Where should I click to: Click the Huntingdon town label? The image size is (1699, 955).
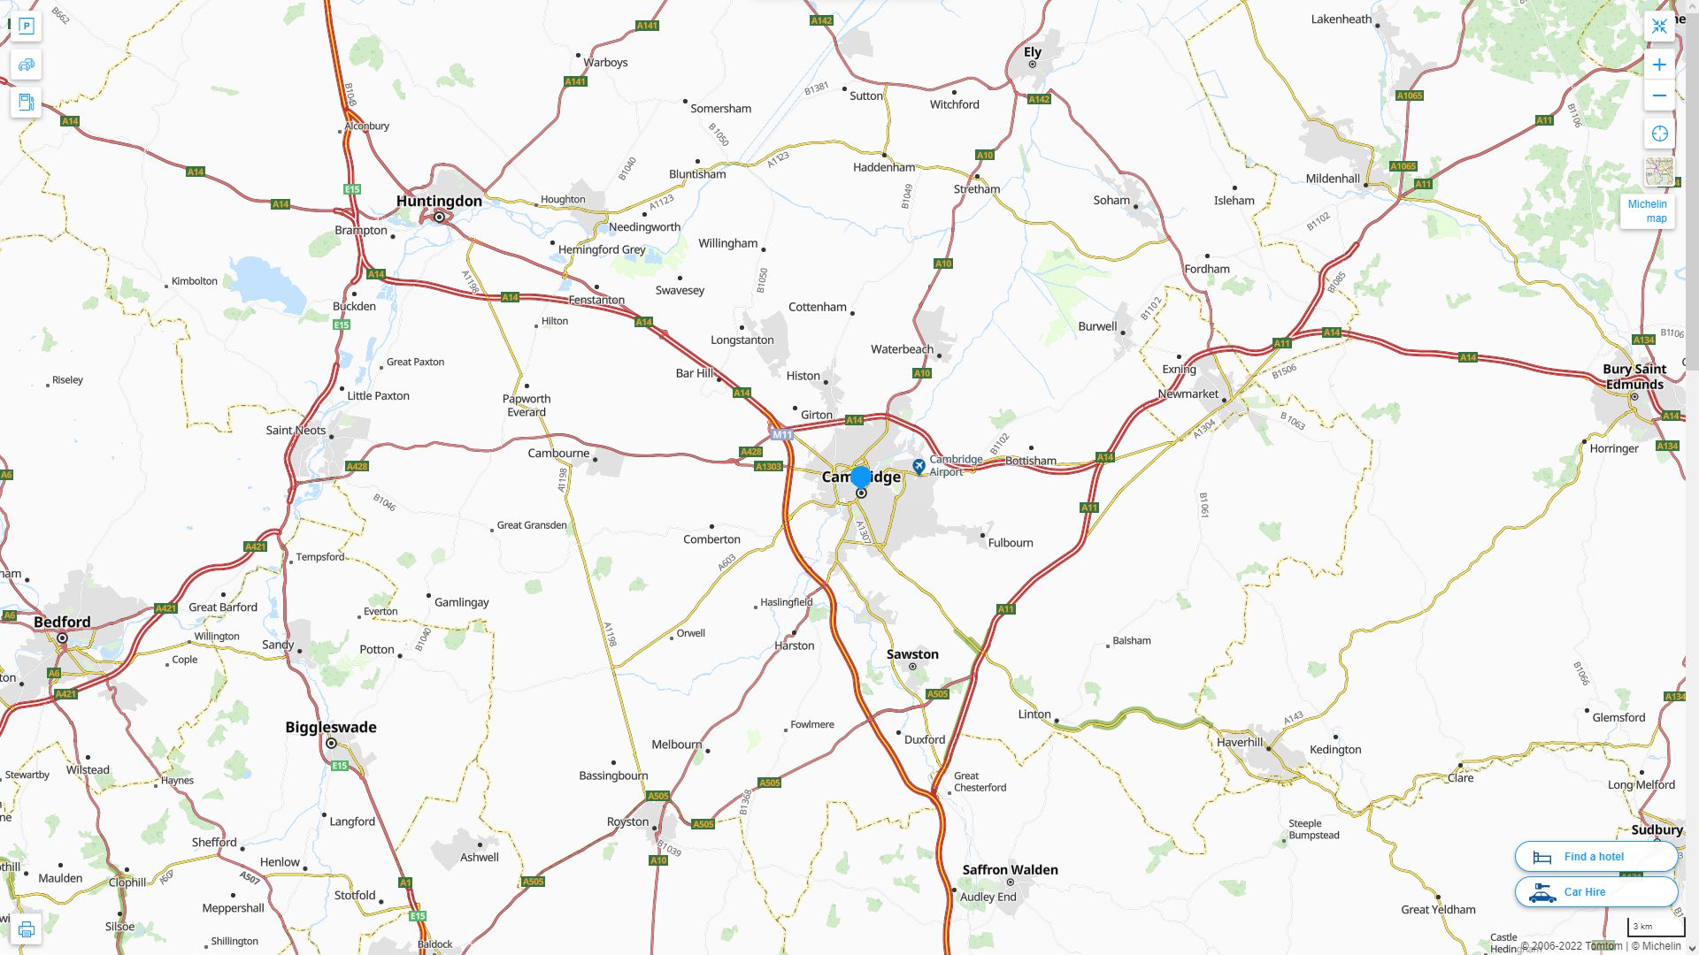pyautogui.click(x=439, y=201)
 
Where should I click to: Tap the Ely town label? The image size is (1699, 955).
pyautogui.click(x=1033, y=52)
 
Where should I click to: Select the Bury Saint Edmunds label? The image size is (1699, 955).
pyautogui.click(x=1634, y=377)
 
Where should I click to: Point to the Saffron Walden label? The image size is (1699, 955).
pyautogui.click(x=1010, y=869)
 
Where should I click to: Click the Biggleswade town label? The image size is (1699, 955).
pyautogui.click(x=331, y=727)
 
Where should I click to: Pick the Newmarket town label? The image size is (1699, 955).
pyautogui.click(x=1188, y=393)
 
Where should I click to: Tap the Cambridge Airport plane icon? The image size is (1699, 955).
pyautogui.click(x=919, y=465)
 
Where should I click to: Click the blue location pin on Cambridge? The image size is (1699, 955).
pyautogui.click(x=860, y=477)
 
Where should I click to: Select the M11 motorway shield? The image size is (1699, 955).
pyautogui.click(x=781, y=434)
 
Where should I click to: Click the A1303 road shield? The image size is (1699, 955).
pyautogui.click(x=768, y=466)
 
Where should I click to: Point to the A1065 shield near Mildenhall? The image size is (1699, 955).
pyautogui.click(x=1403, y=166)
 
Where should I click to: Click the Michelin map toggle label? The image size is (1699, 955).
pyautogui.click(x=1647, y=210)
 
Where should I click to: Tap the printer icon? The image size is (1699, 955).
pyautogui.click(x=27, y=929)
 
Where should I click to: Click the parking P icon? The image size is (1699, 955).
pyautogui.click(x=27, y=27)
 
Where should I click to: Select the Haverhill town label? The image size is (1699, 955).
pyautogui.click(x=1240, y=742)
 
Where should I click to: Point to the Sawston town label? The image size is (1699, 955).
pyautogui.click(x=912, y=654)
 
